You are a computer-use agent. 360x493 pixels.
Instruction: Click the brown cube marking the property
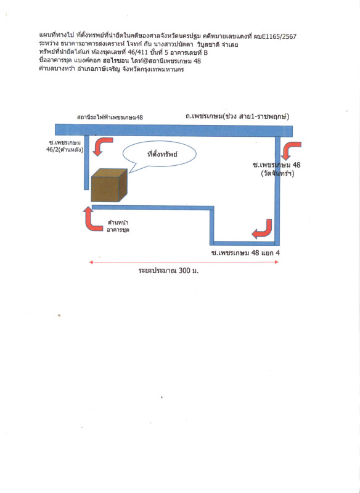109,185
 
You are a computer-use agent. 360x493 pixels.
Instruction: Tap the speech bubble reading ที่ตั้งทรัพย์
160,154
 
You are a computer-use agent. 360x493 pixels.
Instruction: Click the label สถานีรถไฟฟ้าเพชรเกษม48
110,118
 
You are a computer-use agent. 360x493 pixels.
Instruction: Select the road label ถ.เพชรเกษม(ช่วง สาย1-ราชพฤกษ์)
237,116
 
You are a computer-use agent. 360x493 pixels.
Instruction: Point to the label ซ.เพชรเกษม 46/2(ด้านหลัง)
65,147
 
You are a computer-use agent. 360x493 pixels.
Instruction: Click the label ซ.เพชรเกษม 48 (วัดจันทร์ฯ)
277,169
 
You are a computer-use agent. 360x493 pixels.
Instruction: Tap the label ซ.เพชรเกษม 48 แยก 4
245,253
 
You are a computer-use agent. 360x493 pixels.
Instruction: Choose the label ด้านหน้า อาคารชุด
118,226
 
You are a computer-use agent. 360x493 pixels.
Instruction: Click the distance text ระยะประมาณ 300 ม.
168,271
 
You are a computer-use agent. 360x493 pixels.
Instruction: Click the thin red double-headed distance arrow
184,262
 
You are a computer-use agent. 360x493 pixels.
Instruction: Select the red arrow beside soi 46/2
103,146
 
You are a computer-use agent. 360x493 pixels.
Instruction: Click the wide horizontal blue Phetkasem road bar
174,131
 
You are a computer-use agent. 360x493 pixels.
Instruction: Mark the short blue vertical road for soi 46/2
86,163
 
